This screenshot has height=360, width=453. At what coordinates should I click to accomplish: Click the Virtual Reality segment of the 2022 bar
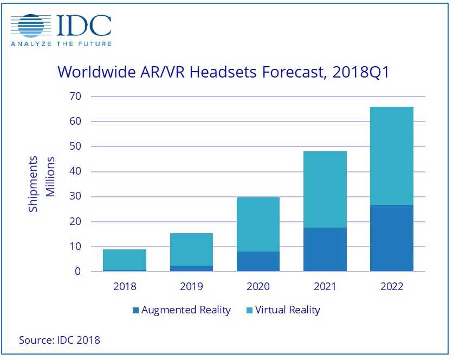391,156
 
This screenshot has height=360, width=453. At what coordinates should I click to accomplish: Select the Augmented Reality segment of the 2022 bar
391,238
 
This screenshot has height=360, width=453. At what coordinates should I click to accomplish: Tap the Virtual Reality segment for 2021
325,189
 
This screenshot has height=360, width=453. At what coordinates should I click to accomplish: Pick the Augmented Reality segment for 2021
325,249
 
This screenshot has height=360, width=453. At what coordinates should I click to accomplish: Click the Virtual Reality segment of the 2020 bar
258,224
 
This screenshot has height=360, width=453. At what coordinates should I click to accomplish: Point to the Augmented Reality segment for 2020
258,261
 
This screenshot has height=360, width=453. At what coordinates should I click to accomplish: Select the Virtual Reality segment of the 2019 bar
191,249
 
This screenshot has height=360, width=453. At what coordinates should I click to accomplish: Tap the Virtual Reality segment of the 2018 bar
125,259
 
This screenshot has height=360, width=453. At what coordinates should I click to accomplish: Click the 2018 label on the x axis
125,286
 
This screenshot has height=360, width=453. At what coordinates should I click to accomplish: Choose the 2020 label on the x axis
258,286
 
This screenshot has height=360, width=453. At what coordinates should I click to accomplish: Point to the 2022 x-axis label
391,286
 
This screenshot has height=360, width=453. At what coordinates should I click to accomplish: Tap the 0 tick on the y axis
81,272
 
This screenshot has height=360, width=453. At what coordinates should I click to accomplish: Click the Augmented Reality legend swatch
135,311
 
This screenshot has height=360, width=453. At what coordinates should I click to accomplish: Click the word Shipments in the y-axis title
34,184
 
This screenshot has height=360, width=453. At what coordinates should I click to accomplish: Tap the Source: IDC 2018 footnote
60,340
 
